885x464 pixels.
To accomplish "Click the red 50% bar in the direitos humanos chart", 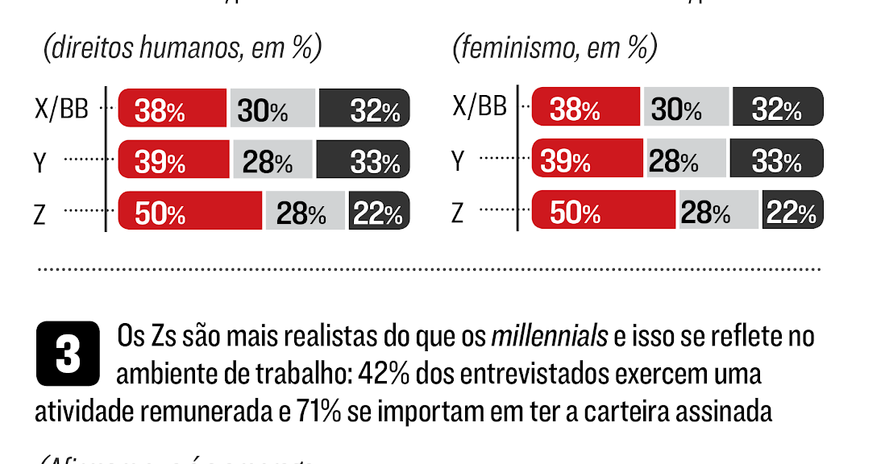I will click(191, 211).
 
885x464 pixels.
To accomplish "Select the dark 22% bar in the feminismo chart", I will click(792, 211).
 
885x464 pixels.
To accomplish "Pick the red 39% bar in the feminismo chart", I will click(586, 159).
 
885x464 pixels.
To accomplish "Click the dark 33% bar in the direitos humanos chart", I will click(363, 160).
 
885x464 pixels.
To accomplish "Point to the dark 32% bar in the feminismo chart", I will click(776, 109).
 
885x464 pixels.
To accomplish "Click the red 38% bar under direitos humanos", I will click(172, 109).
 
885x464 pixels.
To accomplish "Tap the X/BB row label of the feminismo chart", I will click(480, 107).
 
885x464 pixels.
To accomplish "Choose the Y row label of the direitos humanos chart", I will click(40, 161).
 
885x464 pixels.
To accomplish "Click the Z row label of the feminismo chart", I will click(458, 213).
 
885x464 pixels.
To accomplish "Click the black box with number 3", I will click(68, 354).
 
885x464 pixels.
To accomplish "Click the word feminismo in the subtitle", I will click(511, 50).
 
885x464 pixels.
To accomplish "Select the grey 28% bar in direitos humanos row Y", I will click(272, 160).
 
